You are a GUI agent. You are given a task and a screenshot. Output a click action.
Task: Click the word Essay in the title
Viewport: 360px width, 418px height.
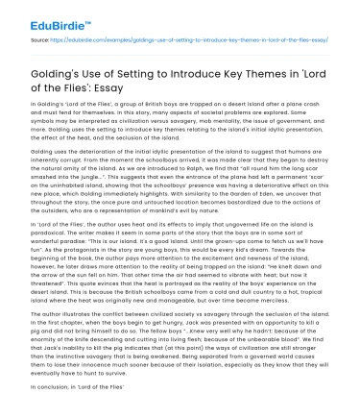pyautogui.click(x=134, y=77)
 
